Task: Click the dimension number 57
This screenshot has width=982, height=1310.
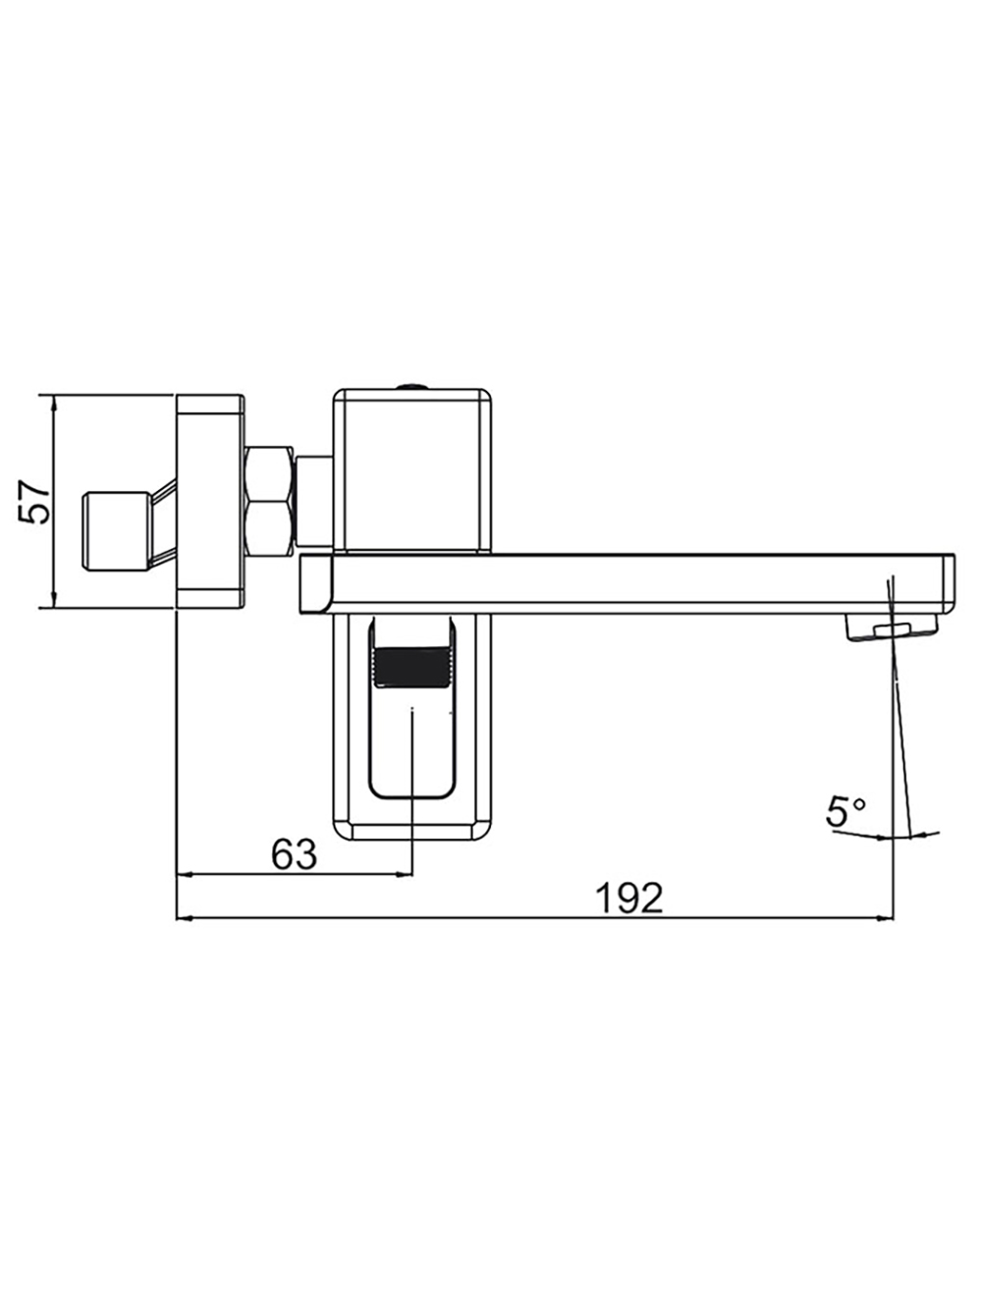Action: [34, 502]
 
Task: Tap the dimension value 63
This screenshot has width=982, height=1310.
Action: [295, 854]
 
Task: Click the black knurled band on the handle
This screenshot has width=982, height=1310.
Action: [412, 667]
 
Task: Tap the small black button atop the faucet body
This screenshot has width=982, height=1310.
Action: [412, 386]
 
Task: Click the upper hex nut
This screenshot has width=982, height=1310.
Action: [269, 474]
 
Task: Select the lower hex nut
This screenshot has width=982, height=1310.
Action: [269, 529]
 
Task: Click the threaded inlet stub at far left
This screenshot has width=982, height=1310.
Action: [116, 531]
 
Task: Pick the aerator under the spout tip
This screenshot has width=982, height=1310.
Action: [892, 629]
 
